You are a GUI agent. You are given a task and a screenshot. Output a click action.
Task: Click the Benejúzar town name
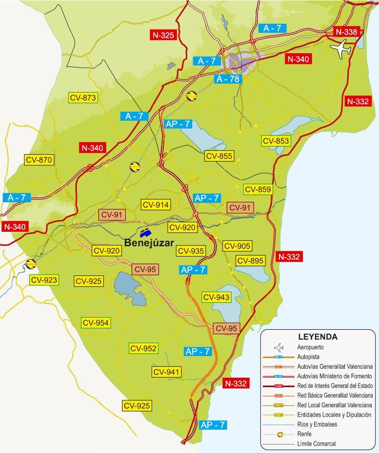(x=150, y=243)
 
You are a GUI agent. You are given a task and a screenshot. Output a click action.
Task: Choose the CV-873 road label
(x=83, y=97)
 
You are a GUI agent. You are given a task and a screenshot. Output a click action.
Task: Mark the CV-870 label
(x=39, y=160)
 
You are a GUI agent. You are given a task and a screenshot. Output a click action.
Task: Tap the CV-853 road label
(x=276, y=141)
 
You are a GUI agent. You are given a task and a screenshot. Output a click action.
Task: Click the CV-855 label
(x=219, y=156)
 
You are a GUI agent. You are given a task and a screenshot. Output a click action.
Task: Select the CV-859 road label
(x=257, y=190)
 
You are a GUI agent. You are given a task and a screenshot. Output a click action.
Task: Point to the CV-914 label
(x=155, y=205)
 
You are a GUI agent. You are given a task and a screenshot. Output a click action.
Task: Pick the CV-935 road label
(x=191, y=251)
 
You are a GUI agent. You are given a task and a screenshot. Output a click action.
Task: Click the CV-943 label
(x=216, y=298)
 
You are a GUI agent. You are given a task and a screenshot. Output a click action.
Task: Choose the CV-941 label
(x=167, y=372)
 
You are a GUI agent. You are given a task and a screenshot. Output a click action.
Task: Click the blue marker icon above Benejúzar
(x=145, y=232)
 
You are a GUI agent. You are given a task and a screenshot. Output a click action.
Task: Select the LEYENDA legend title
(x=318, y=336)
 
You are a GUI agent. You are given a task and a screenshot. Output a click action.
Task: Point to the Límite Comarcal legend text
(x=317, y=443)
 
